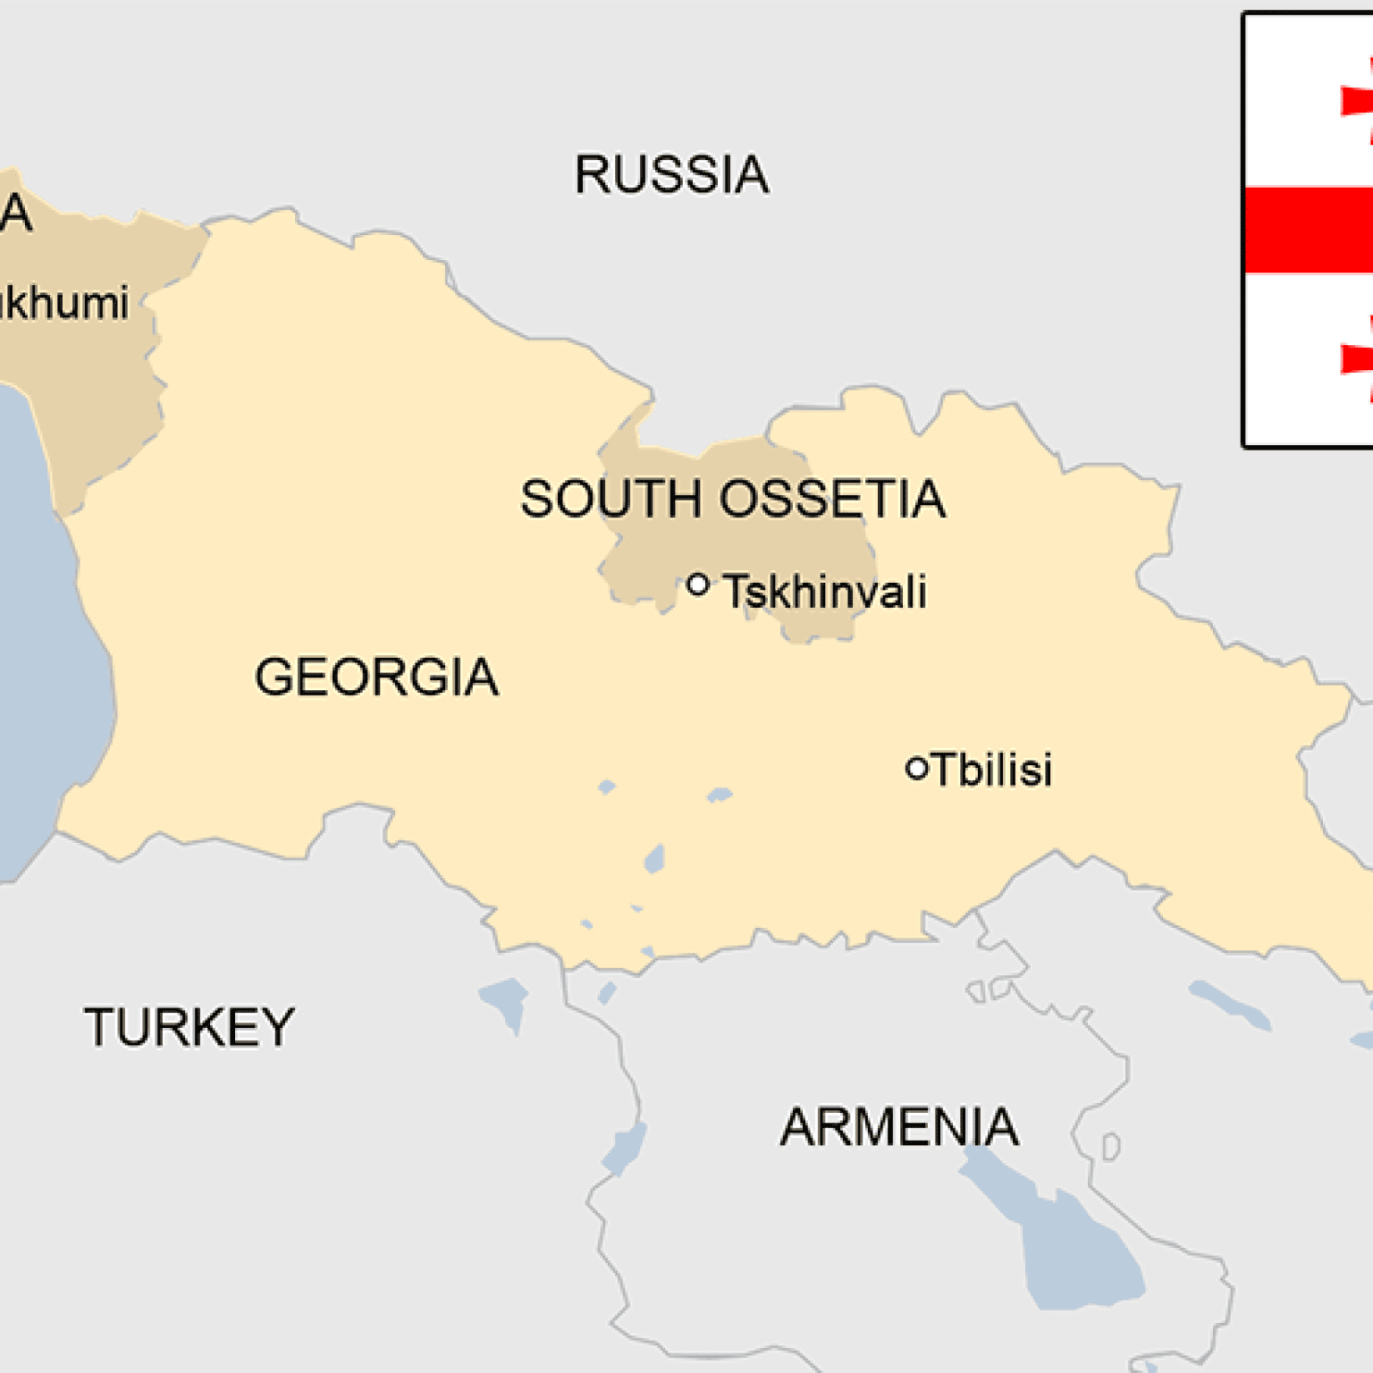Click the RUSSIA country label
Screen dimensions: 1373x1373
coord(671,174)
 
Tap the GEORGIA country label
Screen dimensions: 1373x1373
coord(376,677)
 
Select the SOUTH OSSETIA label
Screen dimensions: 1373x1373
coord(732,499)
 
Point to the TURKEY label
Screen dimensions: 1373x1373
coord(190,1027)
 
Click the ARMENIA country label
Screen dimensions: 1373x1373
coord(899,1126)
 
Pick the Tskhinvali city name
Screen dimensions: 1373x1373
coord(824,592)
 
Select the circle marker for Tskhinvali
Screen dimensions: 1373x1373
coord(698,585)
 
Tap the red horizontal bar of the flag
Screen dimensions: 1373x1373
coord(1309,230)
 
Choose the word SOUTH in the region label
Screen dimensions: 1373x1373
coord(611,499)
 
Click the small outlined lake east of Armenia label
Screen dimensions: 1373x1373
coord(1111,1147)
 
